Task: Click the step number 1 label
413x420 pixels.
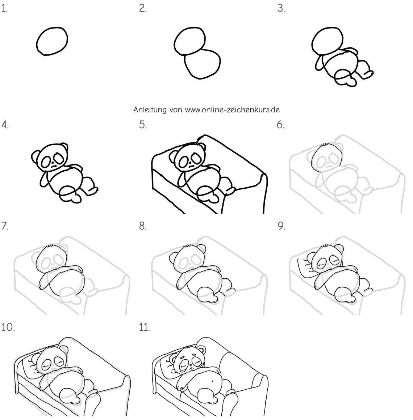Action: point(4,9)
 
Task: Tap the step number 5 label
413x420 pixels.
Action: point(143,125)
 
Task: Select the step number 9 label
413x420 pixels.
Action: point(281,226)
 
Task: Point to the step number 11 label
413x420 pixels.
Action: point(144,327)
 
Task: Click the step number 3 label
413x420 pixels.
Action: point(281,9)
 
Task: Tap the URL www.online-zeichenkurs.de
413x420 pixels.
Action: point(232,110)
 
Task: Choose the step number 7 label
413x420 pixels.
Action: point(5,226)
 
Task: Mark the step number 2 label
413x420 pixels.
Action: point(143,9)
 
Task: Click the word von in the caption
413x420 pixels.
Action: point(176,110)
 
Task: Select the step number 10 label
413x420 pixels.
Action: point(8,327)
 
